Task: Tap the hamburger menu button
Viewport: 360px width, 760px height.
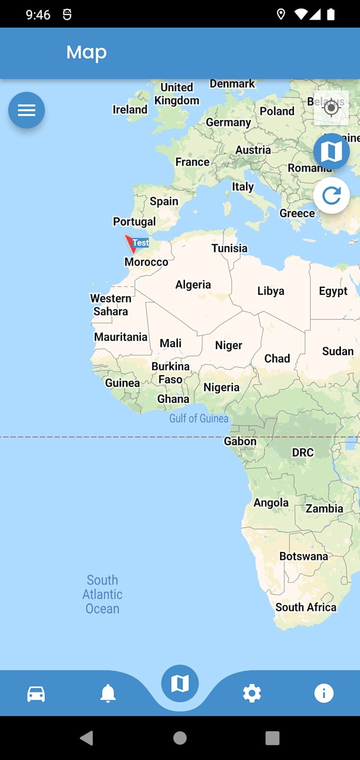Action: click(26, 110)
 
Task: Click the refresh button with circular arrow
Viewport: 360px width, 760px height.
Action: click(331, 195)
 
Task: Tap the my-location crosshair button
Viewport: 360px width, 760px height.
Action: click(331, 108)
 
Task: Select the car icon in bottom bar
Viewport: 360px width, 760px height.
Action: click(36, 693)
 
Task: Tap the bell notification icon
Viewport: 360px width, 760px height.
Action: click(108, 693)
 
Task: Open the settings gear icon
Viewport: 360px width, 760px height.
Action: click(252, 693)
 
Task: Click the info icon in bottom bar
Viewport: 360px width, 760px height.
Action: click(324, 693)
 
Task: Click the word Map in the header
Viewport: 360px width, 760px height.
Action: click(86, 52)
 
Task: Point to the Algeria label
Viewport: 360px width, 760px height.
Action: click(193, 285)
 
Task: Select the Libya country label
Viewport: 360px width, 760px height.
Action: click(271, 291)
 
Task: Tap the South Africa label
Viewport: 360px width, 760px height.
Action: click(305, 607)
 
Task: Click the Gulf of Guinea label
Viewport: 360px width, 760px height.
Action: click(199, 419)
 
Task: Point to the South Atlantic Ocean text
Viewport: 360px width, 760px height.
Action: click(102, 594)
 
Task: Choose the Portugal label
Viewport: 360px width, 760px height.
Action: click(134, 222)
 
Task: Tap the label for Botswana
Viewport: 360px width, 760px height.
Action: click(303, 556)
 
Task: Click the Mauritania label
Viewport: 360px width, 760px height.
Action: click(121, 337)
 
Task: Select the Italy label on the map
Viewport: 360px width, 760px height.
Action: click(243, 187)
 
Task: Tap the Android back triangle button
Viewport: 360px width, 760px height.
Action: click(87, 738)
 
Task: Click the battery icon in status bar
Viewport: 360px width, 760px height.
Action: click(331, 14)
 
